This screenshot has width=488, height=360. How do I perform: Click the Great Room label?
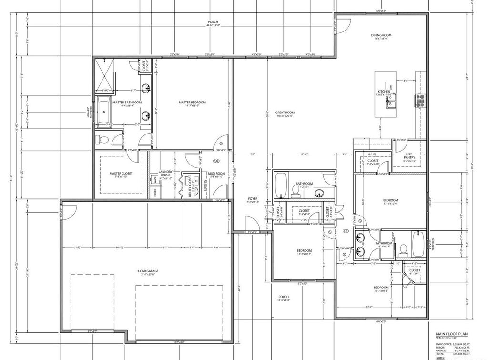(284, 113)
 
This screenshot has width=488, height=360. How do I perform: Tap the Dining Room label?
(381, 35)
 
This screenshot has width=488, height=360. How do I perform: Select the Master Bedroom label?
(192, 103)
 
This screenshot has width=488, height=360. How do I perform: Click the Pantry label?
(409, 158)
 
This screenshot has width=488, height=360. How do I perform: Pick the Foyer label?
(253, 198)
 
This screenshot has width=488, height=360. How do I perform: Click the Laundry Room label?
(165, 174)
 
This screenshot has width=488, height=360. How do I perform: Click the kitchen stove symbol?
(421, 99)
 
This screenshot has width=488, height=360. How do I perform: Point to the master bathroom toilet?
(101, 140)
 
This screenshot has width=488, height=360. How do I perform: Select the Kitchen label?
(384, 91)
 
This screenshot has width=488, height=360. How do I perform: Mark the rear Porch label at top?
(213, 22)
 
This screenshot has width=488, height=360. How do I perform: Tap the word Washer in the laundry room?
(155, 180)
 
